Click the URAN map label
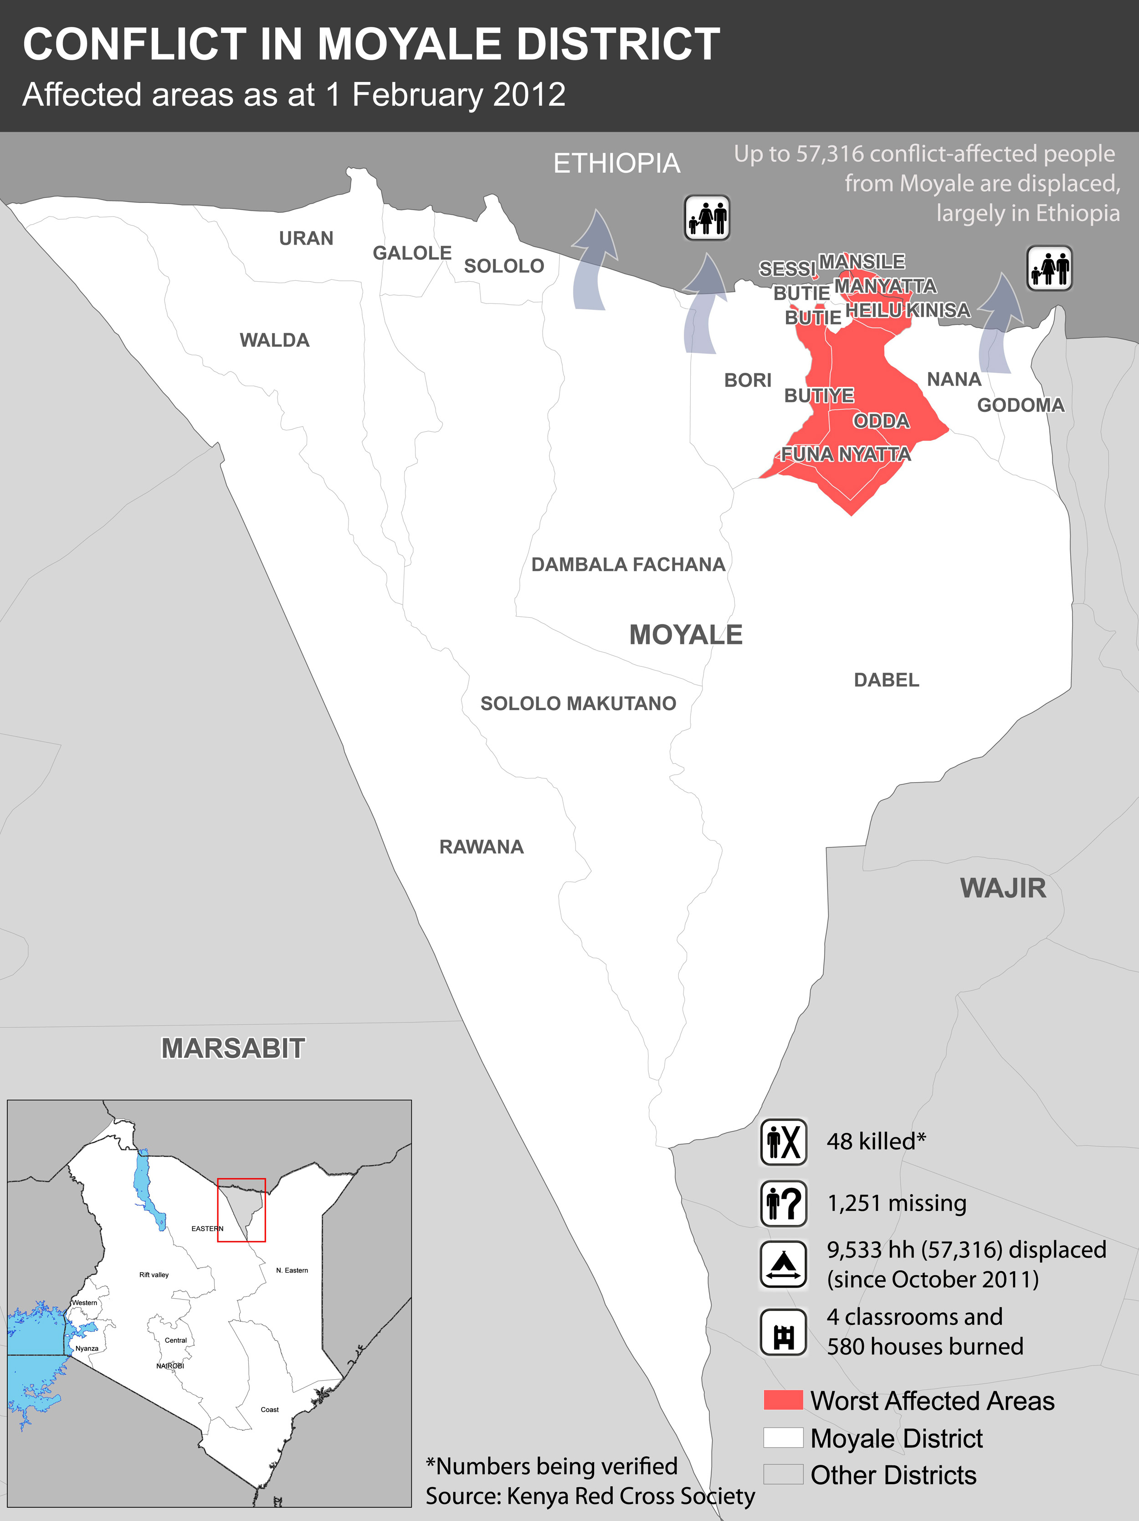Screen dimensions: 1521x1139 tap(306, 238)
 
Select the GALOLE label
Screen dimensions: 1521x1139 tap(412, 253)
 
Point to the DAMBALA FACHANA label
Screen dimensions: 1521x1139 tap(627, 565)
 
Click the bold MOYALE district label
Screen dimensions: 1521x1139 tap(685, 634)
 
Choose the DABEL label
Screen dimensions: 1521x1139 tap(886, 680)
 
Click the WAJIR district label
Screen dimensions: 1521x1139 tap(1003, 888)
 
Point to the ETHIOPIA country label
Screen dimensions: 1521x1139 tap(616, 164)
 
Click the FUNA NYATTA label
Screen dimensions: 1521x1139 tap(846, 454)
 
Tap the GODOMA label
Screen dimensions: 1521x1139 tap(1020, 405)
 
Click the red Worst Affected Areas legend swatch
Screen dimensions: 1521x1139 tap(783, 1400)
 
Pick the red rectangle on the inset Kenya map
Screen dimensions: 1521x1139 tap(241, 1210)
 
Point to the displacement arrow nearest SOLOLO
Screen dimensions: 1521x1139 tap(593, 261)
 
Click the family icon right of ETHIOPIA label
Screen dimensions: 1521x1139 tap(707, 217)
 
